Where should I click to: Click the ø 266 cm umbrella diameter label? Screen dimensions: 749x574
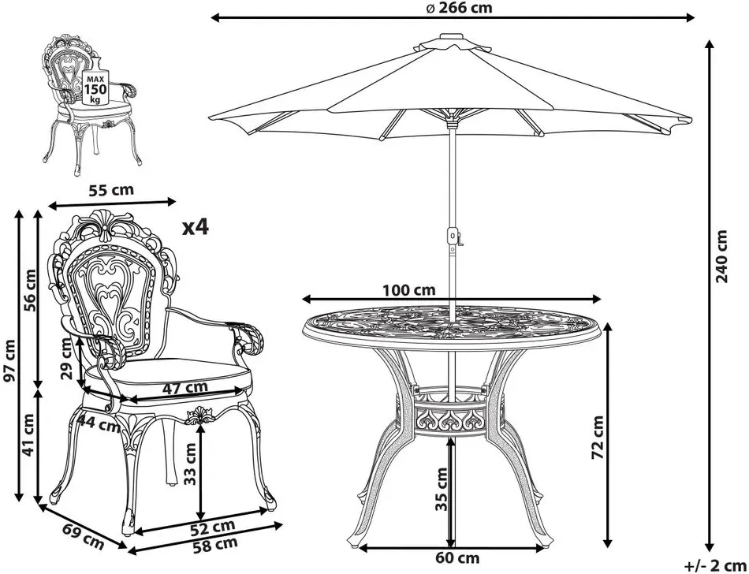coord(458,8)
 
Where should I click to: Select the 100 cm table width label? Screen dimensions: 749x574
coord(409,290)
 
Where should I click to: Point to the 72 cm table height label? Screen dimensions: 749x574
coord(597,437)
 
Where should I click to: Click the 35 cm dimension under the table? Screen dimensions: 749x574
coord(442,489)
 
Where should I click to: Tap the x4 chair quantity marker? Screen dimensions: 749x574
coord(196,227)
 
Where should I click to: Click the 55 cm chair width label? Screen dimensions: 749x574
coord(112,189)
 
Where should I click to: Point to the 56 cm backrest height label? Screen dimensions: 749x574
coord(30,290)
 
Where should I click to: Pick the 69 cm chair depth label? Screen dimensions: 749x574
coord(83,536)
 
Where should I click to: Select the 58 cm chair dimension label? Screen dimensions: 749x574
coord(215,544)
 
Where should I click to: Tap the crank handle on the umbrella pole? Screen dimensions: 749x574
coord(459,238)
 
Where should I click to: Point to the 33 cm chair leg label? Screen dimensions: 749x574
coord(191,463)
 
